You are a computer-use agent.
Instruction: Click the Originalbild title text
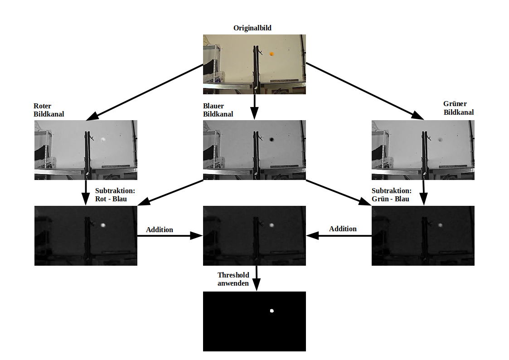252,28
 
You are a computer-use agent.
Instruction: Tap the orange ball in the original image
271,54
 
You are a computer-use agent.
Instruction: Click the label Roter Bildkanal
48,110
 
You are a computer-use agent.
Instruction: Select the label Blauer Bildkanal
218,110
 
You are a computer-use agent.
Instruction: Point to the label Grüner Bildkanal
458,108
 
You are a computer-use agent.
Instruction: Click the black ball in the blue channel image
271,140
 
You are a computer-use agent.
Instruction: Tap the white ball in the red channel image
103,140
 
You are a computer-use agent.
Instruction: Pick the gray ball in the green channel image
441,140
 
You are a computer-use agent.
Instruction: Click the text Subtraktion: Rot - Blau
115,195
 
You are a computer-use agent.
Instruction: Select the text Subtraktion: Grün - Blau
392,195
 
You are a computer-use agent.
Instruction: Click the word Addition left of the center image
160,230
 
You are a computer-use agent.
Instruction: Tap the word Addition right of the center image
343,229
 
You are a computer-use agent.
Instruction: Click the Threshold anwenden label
233,279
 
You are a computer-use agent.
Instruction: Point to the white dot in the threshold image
272,311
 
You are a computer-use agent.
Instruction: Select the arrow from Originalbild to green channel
365,92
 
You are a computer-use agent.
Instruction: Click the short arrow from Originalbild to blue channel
255,107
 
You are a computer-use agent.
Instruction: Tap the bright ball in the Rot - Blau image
103,225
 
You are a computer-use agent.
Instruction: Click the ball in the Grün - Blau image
441,225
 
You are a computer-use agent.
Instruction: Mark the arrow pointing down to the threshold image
257,278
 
